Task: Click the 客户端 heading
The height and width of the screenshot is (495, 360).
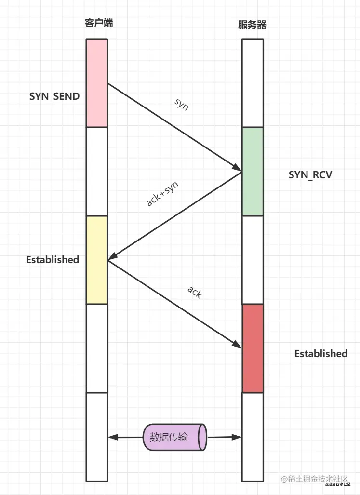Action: (x=98, y=23)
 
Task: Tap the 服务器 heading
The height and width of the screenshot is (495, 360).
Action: (x=252, y=25)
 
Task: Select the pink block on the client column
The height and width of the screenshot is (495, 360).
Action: (x=97, y=83)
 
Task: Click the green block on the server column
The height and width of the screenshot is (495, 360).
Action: (x=253, y=171)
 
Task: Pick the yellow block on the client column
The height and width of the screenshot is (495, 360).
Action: (x=97, y=260)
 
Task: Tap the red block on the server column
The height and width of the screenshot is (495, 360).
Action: (x=253, y=348)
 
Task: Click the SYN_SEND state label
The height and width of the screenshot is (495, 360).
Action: (x=54, y=96)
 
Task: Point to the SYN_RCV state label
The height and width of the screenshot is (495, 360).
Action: (x=310, y=175)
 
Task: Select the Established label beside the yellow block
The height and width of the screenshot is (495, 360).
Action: (x=53, y=259)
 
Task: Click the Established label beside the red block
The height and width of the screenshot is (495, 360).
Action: (x=320, y=353)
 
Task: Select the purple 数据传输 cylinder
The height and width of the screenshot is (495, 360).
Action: (x=175, y=438)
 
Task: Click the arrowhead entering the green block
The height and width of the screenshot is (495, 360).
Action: (x=237, y=168)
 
